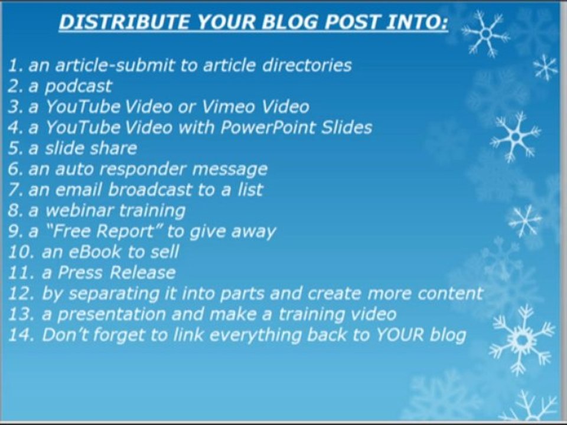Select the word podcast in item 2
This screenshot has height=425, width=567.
pyautogui.click(x=78, y=86)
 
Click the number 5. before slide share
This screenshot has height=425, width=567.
pyautogui.click(x=15, y=148)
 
